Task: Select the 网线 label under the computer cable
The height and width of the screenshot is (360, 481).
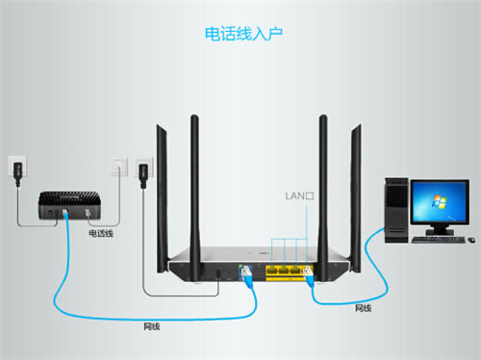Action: tap(364, 308)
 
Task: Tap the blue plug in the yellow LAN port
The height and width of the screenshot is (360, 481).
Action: tap(310, 279)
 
